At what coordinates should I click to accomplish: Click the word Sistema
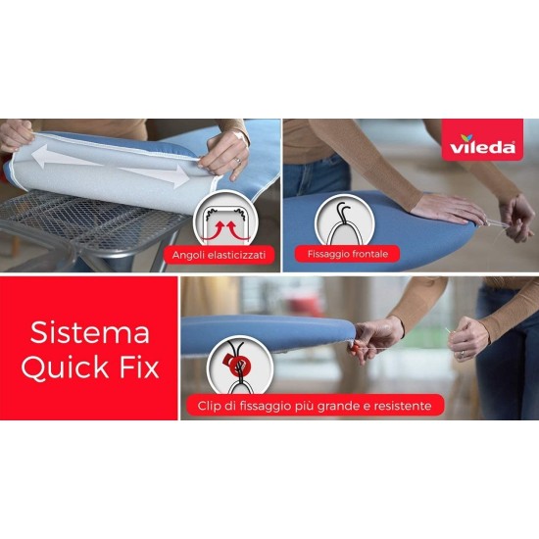tap(90, 332)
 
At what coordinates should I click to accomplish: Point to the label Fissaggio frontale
tap(347, 254)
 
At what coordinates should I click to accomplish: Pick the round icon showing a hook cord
tap(343, 217)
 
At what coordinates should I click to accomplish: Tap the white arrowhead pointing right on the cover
tap(183, 179)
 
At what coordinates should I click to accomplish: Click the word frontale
tap(368, 254)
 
